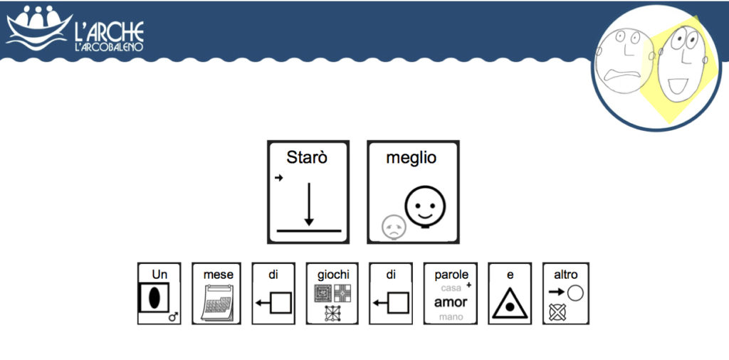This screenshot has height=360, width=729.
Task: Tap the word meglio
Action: (411, 159)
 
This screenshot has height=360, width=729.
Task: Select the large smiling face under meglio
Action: (425, 207)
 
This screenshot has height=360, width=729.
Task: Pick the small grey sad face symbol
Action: (394, 227)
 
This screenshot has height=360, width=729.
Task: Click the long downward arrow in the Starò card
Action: (309, 204)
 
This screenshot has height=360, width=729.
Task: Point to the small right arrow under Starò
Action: (279, 178)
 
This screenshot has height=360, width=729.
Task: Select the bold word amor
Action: (451, 302)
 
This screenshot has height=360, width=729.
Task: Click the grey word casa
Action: (451, 288)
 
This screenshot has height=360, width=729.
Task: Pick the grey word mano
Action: (451, 317)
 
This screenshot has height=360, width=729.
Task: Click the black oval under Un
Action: (154, 298)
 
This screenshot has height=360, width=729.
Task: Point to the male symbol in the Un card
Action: (174, 317)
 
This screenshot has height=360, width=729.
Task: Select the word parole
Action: (451, 275)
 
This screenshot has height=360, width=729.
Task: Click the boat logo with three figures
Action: (39, 28)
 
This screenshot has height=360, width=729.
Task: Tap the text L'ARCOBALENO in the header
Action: (109, 47)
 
